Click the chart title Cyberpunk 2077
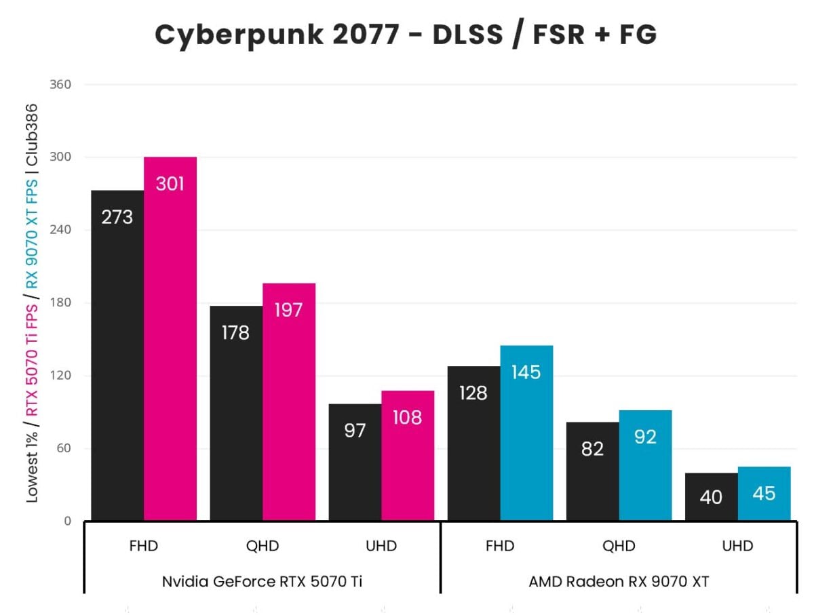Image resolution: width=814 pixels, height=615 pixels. (406, 35)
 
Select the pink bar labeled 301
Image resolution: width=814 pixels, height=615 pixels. (170, 339)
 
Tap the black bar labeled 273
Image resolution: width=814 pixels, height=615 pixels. (117, 355)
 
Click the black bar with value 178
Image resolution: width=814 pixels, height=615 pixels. (236, 414)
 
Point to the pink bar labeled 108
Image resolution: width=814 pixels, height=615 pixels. (408, 456)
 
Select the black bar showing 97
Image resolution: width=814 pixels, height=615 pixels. (355, 462)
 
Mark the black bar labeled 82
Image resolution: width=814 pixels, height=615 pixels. (592, 471)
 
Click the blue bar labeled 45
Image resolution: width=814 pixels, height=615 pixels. (764, 494)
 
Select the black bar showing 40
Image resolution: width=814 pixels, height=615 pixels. (711, 497)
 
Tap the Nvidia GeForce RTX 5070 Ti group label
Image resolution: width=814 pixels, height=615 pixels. (262, 581)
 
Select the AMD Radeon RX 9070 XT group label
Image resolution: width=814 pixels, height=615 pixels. (619, 581)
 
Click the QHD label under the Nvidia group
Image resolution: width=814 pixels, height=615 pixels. (262, 546)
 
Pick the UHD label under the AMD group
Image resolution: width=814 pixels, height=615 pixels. (737, 546)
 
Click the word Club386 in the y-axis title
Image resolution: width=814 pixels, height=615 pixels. (31, 134)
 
